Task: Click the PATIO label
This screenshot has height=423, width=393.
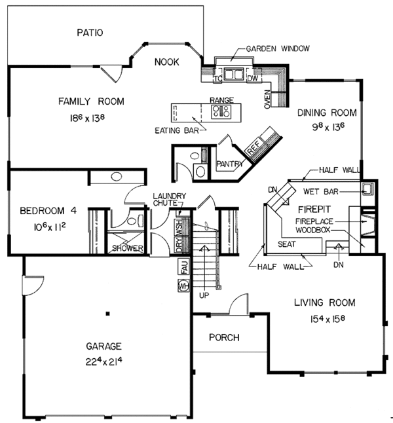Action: [x=90, y=33]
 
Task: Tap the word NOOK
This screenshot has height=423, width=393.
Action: [x=166, y=62]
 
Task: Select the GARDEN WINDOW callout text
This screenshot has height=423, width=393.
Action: [x=278, y=48]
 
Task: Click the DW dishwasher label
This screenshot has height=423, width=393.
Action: [x=253, y=79]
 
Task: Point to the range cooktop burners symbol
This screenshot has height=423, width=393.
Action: [x=221, y=111]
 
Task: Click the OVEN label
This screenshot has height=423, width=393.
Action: [x=267, y=100]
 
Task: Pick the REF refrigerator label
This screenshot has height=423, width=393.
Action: [x=253, y=147]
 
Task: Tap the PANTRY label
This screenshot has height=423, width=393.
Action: [x=230, y=164]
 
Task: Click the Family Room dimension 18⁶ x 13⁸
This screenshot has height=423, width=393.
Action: [x=87, y=118]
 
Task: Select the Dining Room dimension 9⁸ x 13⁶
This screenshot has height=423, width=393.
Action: [x=328, y=127]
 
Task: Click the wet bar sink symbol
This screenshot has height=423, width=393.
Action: [x=367, y=188]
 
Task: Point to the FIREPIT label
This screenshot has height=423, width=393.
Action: [x=314, y=210]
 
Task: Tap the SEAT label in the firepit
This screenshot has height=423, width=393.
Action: [x=287, y=244]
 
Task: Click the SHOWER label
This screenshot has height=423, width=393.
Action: [x=128, y=248]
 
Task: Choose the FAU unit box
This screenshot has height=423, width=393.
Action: [x=184, y=267]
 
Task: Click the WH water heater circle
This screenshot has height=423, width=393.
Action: [x=183, y=285]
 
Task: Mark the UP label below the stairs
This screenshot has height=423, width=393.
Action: [x=204, y=295]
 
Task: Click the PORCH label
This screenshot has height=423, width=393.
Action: [x=224, y=337]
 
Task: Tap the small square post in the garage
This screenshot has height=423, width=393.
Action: [x=107, y=314]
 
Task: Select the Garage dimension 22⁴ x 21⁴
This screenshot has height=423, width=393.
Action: [x=104, y=361]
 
